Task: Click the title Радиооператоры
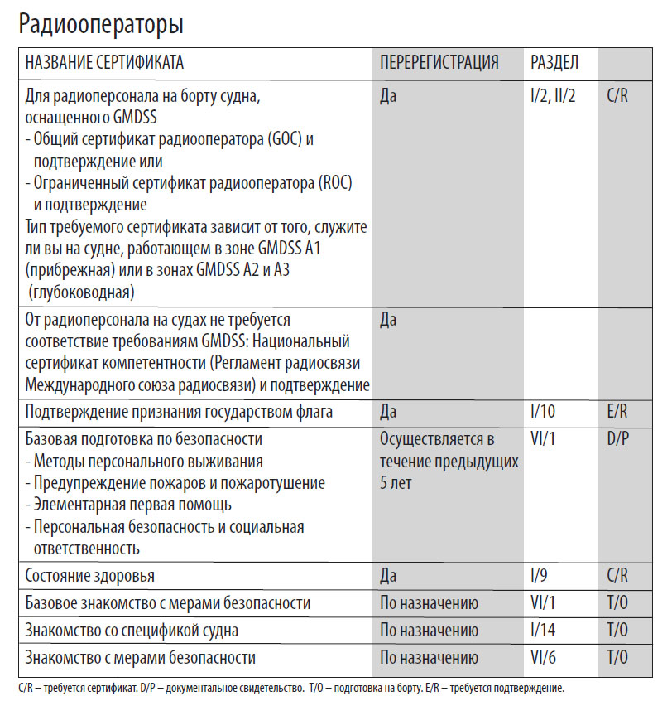point(101,25)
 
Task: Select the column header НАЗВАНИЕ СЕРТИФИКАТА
point(105,63)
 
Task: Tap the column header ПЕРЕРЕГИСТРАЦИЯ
point(439,63)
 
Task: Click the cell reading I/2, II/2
point(553,96)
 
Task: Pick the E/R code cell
point(617,412)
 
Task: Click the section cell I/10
point(544,412)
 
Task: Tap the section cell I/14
point(544,631)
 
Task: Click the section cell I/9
point(540,575)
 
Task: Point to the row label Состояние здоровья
point(90,575)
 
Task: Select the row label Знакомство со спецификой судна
point(132,631)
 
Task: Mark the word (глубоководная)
point(80,292)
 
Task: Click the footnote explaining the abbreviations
point(290,689)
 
